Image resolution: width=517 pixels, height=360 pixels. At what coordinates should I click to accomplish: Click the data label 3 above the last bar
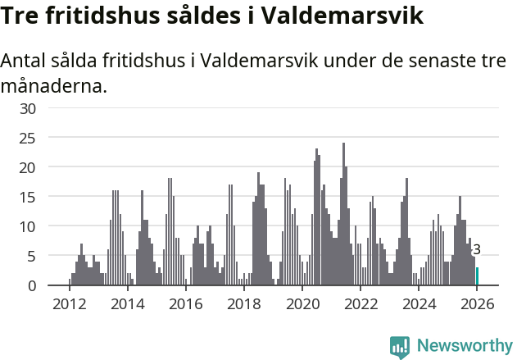point(477,250)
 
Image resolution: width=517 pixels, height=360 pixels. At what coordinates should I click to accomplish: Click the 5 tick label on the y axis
point(32,256)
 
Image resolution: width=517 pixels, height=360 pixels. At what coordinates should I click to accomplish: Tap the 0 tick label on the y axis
point(32,285)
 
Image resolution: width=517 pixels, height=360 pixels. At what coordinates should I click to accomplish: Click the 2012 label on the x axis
point(69,304)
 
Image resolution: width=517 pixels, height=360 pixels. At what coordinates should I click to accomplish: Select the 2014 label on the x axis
point(127,304)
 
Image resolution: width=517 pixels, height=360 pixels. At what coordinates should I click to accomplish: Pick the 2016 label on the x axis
point(185,304)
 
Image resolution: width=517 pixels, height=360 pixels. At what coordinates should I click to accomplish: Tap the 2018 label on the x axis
point(243,304)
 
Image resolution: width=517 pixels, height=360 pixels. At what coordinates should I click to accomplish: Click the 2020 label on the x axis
point(302,304)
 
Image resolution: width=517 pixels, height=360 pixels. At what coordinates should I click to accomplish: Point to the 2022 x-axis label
point(360,304)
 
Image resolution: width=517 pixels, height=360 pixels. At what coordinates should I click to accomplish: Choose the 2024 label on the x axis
point(418,304)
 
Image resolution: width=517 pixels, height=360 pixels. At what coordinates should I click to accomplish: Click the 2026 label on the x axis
point(476,304)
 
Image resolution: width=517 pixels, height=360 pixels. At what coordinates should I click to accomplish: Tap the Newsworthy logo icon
point(400,347)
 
